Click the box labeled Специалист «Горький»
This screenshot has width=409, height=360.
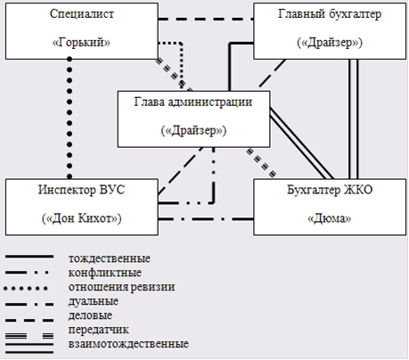point(82,31)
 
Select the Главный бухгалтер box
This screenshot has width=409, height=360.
point(330,31)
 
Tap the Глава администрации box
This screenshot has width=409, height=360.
point(193,119)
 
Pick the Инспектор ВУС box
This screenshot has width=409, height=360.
point(82,207)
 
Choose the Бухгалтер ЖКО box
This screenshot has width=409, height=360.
point(330,207)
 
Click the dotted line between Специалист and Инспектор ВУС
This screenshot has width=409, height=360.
point(70,118)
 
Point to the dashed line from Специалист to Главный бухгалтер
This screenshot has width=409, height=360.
point(206,20)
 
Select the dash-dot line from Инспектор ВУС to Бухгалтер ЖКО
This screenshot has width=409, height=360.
point(206,219)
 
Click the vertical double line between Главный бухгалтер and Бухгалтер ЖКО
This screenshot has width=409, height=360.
point(353,119)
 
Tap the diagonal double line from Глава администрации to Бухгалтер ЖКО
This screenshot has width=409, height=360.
point(301,143)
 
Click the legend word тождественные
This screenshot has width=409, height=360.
point(110,258)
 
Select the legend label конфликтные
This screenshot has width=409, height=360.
point(105,273)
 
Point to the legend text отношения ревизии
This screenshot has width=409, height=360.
point(122,287)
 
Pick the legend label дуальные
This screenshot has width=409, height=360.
point(94,301)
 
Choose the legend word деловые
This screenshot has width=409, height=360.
point(90,315)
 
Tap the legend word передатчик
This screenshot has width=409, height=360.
point(99,330)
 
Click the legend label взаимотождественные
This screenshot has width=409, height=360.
point(128,344)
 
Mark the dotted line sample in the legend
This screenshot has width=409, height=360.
point(26,288)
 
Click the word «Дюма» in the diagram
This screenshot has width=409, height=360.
point(330,218)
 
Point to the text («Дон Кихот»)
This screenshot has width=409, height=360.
point(82,218)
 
